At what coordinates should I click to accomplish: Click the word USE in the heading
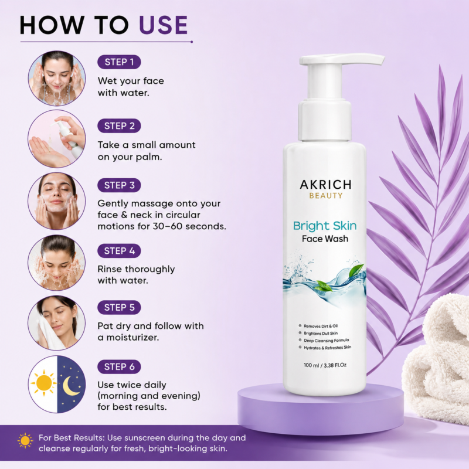pyautogui.click(x=164, y=25)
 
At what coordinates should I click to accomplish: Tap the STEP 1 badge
pyautogui.click(x=119, y=62)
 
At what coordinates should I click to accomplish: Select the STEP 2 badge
pyautogui.click(x=119, y=126)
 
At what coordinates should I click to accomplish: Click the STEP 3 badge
pyautogui.click(x=119, y=185)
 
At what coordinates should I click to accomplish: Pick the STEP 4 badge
pyautogui.click(x=119, y=251)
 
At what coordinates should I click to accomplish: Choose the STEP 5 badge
pyautogui.click(x=119, y=307)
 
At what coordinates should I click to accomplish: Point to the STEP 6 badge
pyautogui.click(x=119, y=367)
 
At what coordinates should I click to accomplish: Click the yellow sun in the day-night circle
pyautogui.click(x=43, y=383)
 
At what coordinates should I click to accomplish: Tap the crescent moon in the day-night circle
pyautogui.click(x=70, y=386)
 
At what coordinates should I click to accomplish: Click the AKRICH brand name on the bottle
pyautogui.click(x=325, y=185)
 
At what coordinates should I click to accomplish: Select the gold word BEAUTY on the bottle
pyautogui.click(x=326, y=196)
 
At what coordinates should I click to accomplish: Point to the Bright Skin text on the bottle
pyautogui.click(x=325, y=226)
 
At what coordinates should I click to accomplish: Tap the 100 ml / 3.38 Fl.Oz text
pyautogui.click(x=325, y=365)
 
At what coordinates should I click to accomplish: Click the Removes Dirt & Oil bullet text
pyautogui.click(x=321, y=326)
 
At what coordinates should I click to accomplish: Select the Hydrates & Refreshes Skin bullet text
pyautogui.click(x=328, y=348)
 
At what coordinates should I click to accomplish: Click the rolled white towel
pyautogui.click(x=437, y=359)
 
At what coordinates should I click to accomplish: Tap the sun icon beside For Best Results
pyautogui.click(x=25, y=441)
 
